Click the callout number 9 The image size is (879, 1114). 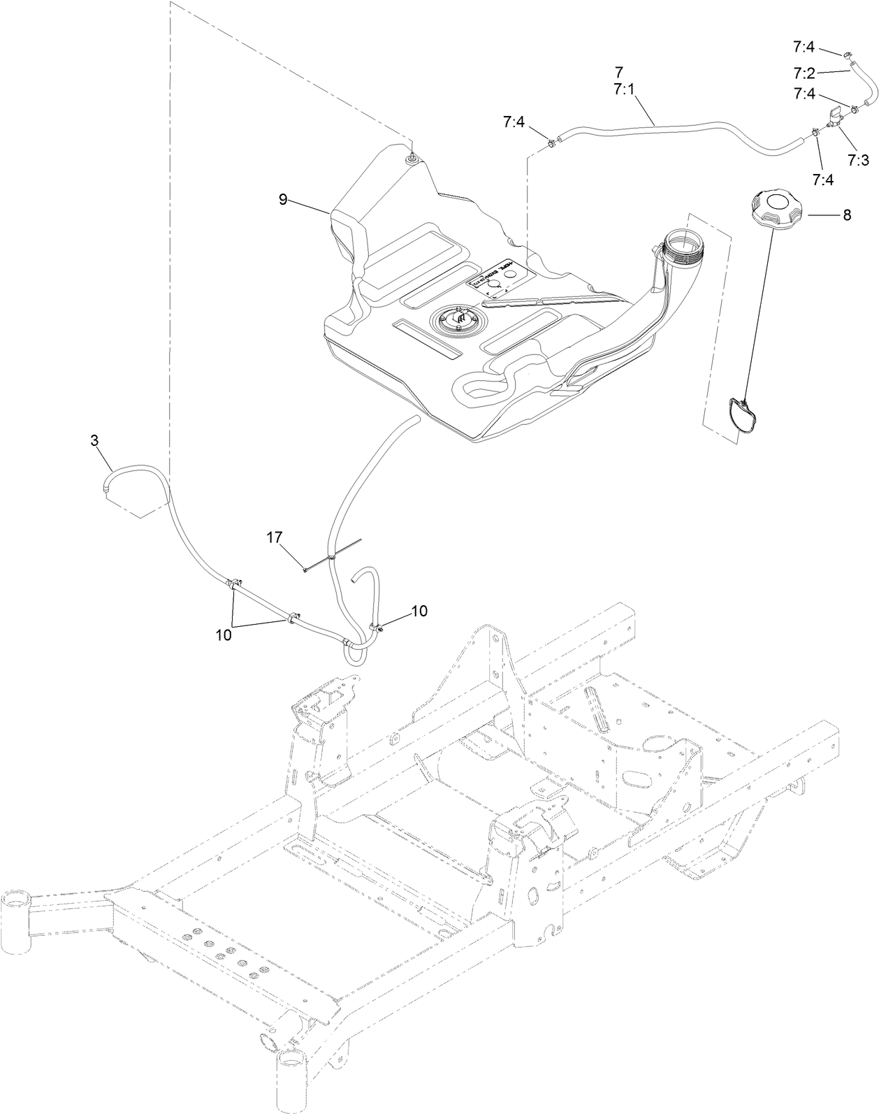(282, 200)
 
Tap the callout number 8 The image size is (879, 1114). (846, 215)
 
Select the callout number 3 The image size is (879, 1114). (94, 440)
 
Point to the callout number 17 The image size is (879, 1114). (274, 537)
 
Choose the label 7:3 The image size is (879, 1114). (858, 159)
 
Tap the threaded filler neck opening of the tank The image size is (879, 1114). (684, 245)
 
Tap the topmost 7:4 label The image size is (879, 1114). (804, 47)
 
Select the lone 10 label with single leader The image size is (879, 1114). (419, 610)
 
